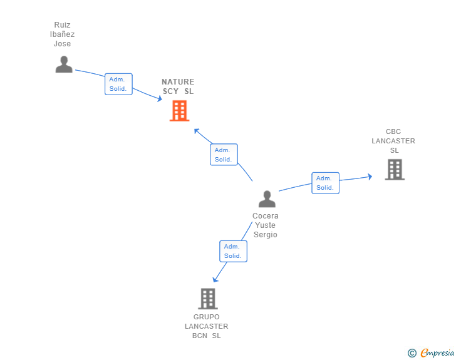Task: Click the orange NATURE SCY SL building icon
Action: click(x=179, y=110)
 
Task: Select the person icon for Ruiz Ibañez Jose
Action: click(x=64, y=64)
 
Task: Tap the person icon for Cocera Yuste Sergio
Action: click(x=267, y=199)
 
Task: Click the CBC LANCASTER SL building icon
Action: click(x=395, y=170)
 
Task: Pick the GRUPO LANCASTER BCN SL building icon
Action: click(x=208, y=299)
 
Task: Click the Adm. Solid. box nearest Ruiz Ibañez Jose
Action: click(x=118, y=84)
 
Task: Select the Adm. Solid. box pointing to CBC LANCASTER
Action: click(x=326, y=183)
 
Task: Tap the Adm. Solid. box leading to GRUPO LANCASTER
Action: click(x=233, y=251)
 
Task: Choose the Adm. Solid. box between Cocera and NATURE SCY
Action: click(x=224, y=155)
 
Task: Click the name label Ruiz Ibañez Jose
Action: click(x=62, y=34)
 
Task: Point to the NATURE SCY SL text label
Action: click(x=178, y=86)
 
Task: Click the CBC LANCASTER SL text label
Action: click(x=393, y=141)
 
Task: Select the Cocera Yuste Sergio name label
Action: click(x=265, y=225)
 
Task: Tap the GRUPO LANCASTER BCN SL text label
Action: click(x=207, y=326)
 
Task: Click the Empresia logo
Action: click(x=437, y=352)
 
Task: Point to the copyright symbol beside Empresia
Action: click(x=412, y=353)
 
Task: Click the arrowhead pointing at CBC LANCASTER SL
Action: click(x=370, y=177)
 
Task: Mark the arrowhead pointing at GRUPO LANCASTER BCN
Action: click(x=215, y=279)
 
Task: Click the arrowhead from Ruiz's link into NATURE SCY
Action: click(x=159, y=99)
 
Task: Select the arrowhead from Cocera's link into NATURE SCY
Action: click(x=197, y=131)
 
